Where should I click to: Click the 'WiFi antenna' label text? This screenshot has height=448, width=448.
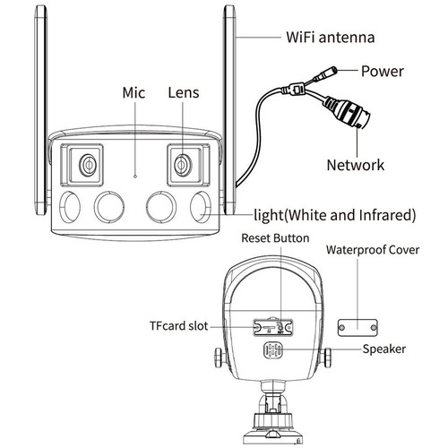tap(329, 38)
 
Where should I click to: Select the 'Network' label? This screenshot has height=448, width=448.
tap(354, 164)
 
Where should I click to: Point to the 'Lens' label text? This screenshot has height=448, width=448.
tap(184, 92)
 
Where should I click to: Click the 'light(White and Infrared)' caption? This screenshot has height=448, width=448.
tap(333, 215)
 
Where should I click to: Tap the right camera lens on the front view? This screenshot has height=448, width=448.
tap(183, 164)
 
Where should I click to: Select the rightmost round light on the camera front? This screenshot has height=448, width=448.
tap(205, 206)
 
